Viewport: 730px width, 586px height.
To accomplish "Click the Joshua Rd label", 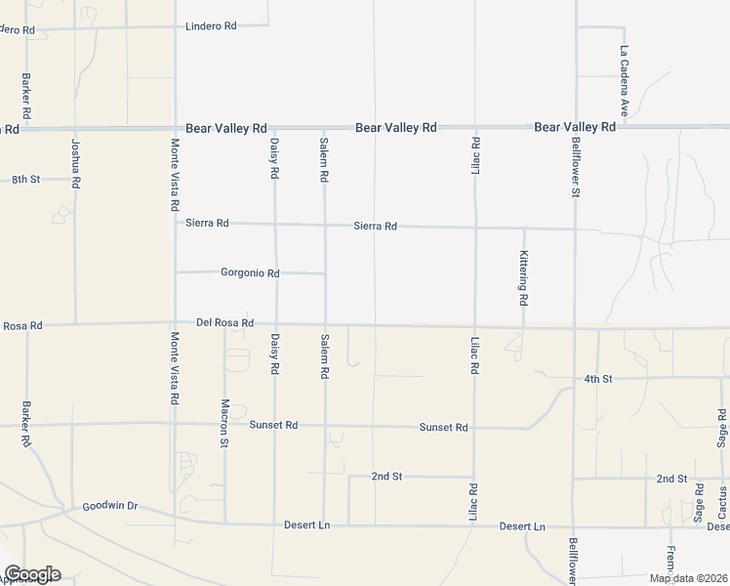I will (x=75, y=163).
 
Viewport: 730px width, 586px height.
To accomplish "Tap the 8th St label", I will (x=25, y=180).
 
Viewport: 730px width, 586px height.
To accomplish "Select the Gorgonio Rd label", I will (x=251, y=273).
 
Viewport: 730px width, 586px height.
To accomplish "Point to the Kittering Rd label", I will (x=524, y=276).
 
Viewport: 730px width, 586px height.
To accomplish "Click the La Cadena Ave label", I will (x=624, y=78).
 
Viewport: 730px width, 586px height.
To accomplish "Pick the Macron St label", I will (x=224, y=423).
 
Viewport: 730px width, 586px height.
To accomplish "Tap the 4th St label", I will (x=597, y=378).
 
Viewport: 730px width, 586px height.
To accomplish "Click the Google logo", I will (x=32, y=574).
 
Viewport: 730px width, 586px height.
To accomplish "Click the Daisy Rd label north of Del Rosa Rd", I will (x=275, y=158).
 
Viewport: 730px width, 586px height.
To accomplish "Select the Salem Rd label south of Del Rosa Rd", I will (x=325, y=356).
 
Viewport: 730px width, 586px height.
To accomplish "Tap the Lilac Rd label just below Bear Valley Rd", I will (x=475, y=158).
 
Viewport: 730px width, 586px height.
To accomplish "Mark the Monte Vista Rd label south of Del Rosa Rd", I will (x=175, y=368).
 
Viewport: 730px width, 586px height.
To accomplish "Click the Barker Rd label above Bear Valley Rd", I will (x=25, y=96).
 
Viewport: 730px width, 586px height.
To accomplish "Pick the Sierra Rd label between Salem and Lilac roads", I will (x=376, y=227).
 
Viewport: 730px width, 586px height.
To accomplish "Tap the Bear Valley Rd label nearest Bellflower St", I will (x=575, y=128).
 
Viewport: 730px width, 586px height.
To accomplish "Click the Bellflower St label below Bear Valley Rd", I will (x=576, y=170).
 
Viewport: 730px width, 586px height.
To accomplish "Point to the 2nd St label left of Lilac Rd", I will (x=387, y=477).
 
